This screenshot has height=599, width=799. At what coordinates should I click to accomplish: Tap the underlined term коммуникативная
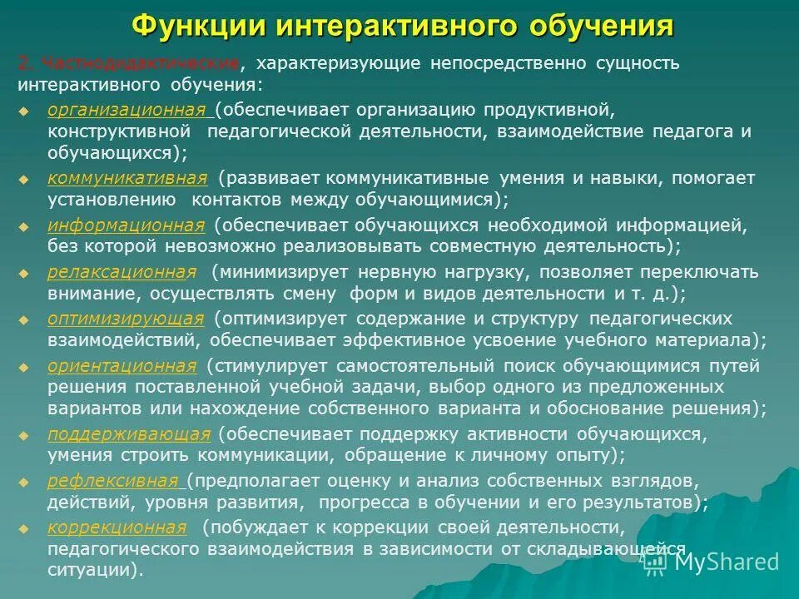tap(127, 178)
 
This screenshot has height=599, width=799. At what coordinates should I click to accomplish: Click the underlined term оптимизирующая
tap(126, 319)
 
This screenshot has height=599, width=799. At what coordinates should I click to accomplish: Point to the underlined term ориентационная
tap(122, 366)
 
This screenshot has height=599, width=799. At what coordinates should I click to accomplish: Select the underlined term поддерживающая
tap(129, 433)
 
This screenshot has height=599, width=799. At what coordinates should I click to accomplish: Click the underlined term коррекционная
tap(117, 527)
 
